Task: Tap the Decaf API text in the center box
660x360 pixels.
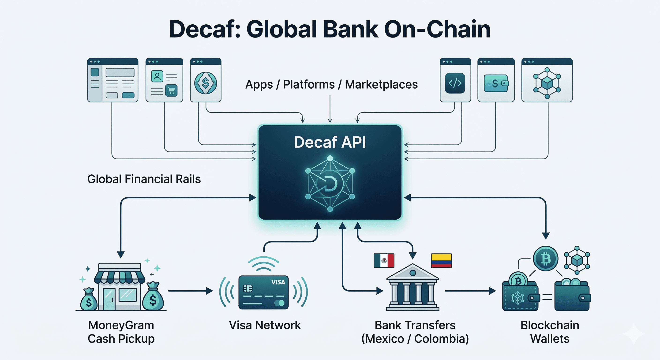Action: [330, 142]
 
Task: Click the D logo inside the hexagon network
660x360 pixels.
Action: [330, 184]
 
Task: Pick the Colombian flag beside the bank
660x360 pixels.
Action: [441, 260]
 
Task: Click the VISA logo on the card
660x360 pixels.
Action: [278, 282]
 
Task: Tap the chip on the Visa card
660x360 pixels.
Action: [248, 289]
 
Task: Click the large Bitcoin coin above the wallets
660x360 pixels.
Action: [545, 259]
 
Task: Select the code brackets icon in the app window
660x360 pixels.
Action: [455, 83]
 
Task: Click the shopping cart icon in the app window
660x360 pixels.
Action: [171, 90]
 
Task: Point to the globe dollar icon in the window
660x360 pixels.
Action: [206, 83]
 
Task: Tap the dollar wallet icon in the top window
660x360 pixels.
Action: [496, 83]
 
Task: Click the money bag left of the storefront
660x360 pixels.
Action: [89, 300]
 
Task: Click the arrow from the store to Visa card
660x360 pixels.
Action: [190, 291]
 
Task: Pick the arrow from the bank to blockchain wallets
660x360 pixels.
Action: [470, 291]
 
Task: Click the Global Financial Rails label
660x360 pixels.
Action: [144, 179]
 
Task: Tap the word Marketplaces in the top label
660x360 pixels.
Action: [381, 85]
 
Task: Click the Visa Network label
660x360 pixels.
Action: [265, 325]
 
